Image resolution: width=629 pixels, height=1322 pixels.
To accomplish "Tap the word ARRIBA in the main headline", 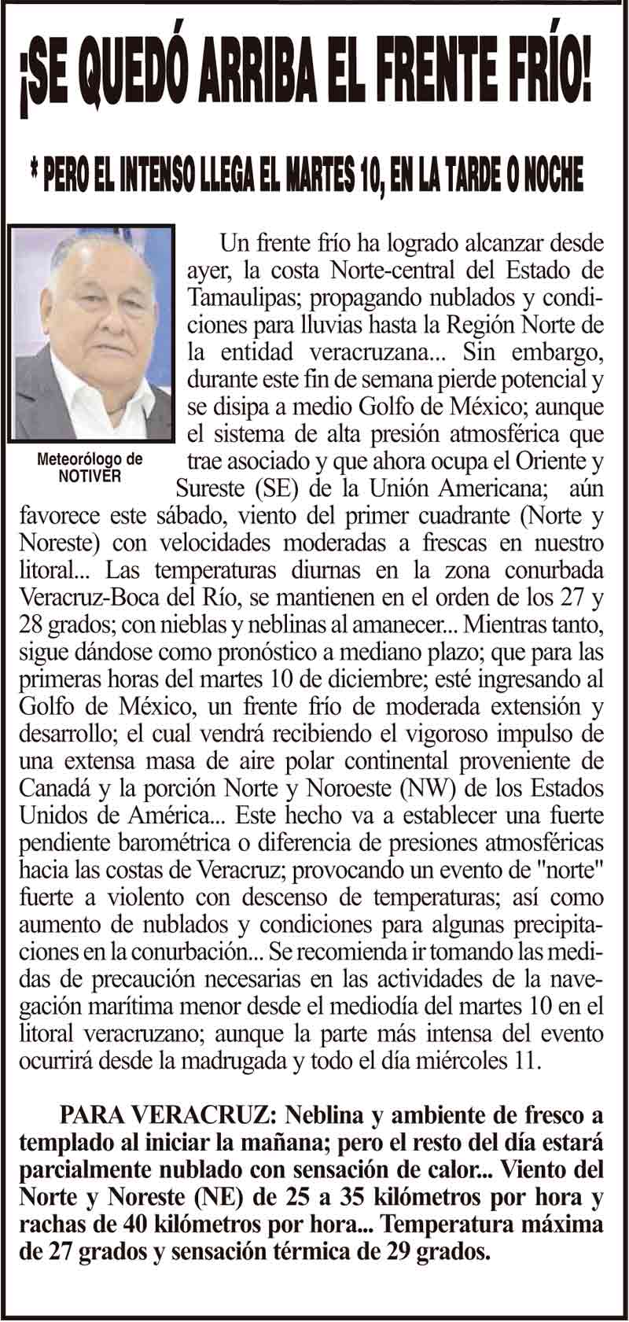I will coord(259,78).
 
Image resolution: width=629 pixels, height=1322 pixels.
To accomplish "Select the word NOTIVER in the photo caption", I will coord(90,477).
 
